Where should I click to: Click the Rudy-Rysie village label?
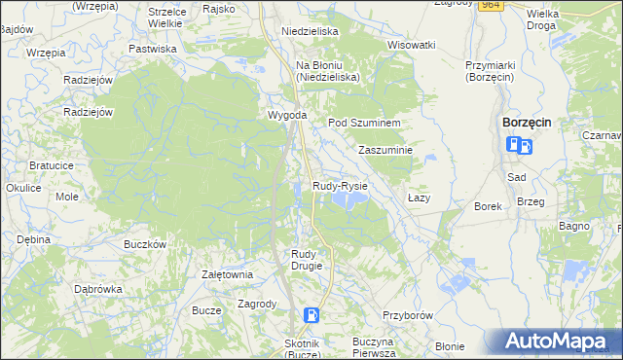pyautogui.click(x=340, y=185)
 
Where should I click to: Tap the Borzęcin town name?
pyautogui.click(x=527, y=123)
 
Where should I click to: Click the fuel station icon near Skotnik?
pyautogui.click(x=311, y=314)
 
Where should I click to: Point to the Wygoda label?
pyautogui.click(x=288, y=116)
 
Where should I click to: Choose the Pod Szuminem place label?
pyautogui.click(x=365, y=123)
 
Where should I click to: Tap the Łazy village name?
pyautogui.click(x=419, y=198)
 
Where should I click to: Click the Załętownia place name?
pyautogui.click(x=227, y=274)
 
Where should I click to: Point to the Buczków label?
pyautogui.click(x=146, y=244)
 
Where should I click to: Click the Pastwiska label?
pyautogui.click(x=153, y=48)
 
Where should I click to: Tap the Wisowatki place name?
pyautogui.click(x=411, y=45)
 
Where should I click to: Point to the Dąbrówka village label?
pyautogui.click(x=98, y=289)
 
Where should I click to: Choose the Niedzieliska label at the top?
pyautogui.click(x=310, y=31)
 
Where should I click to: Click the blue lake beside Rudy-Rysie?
pyautogui.click(x=348, y=199)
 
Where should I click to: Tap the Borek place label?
pyautogui.click(x=488, y=206)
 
